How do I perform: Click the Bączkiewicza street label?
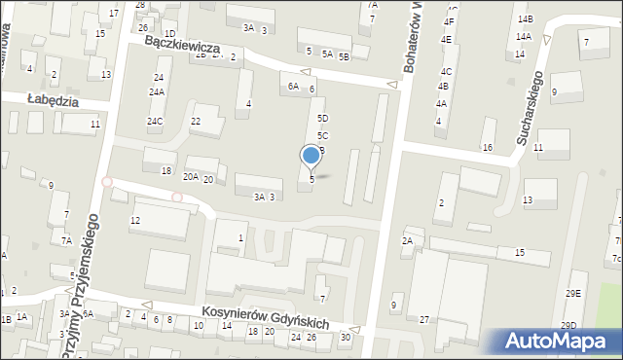pyautogui.click(x=182, y=46)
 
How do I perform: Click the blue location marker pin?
pyautogui.click(x=311, y=157)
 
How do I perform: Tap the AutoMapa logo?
pyautogui.click(x=557, y=342)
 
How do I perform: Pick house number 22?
pyautogui.click(x=196, y=122)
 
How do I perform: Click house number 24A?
pyautogui.click(x=157, y=92)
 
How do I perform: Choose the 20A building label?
pyautogui.click(x=191, y=177)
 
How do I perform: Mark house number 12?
pyautogui.click(x=135, y=221)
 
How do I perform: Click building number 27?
pyautogui.click(x=424, y=320)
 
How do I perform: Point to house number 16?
pyautogui.click(x=487, y=148)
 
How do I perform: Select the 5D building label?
pyautogui.click(x=322, y=118)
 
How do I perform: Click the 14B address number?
pyautogui.click(x=525, y=19)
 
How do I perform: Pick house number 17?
pyautogui.click(x=114, y=14)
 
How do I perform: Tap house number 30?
pyautogui.click(x=345, y=337)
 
